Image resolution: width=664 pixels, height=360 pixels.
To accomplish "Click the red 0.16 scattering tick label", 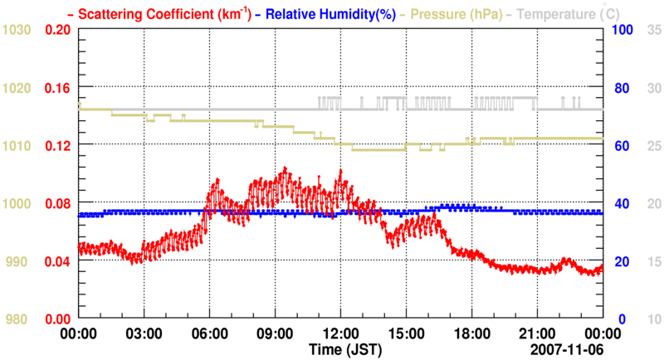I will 56,87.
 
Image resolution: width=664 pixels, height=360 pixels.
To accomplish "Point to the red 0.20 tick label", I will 56,29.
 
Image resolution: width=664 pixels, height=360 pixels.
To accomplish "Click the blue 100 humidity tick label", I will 623,29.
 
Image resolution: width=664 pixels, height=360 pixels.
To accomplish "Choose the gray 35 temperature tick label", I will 653,29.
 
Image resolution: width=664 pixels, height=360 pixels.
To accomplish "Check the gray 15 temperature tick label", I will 653,261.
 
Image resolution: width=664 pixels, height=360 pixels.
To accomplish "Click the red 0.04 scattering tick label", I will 56,261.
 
